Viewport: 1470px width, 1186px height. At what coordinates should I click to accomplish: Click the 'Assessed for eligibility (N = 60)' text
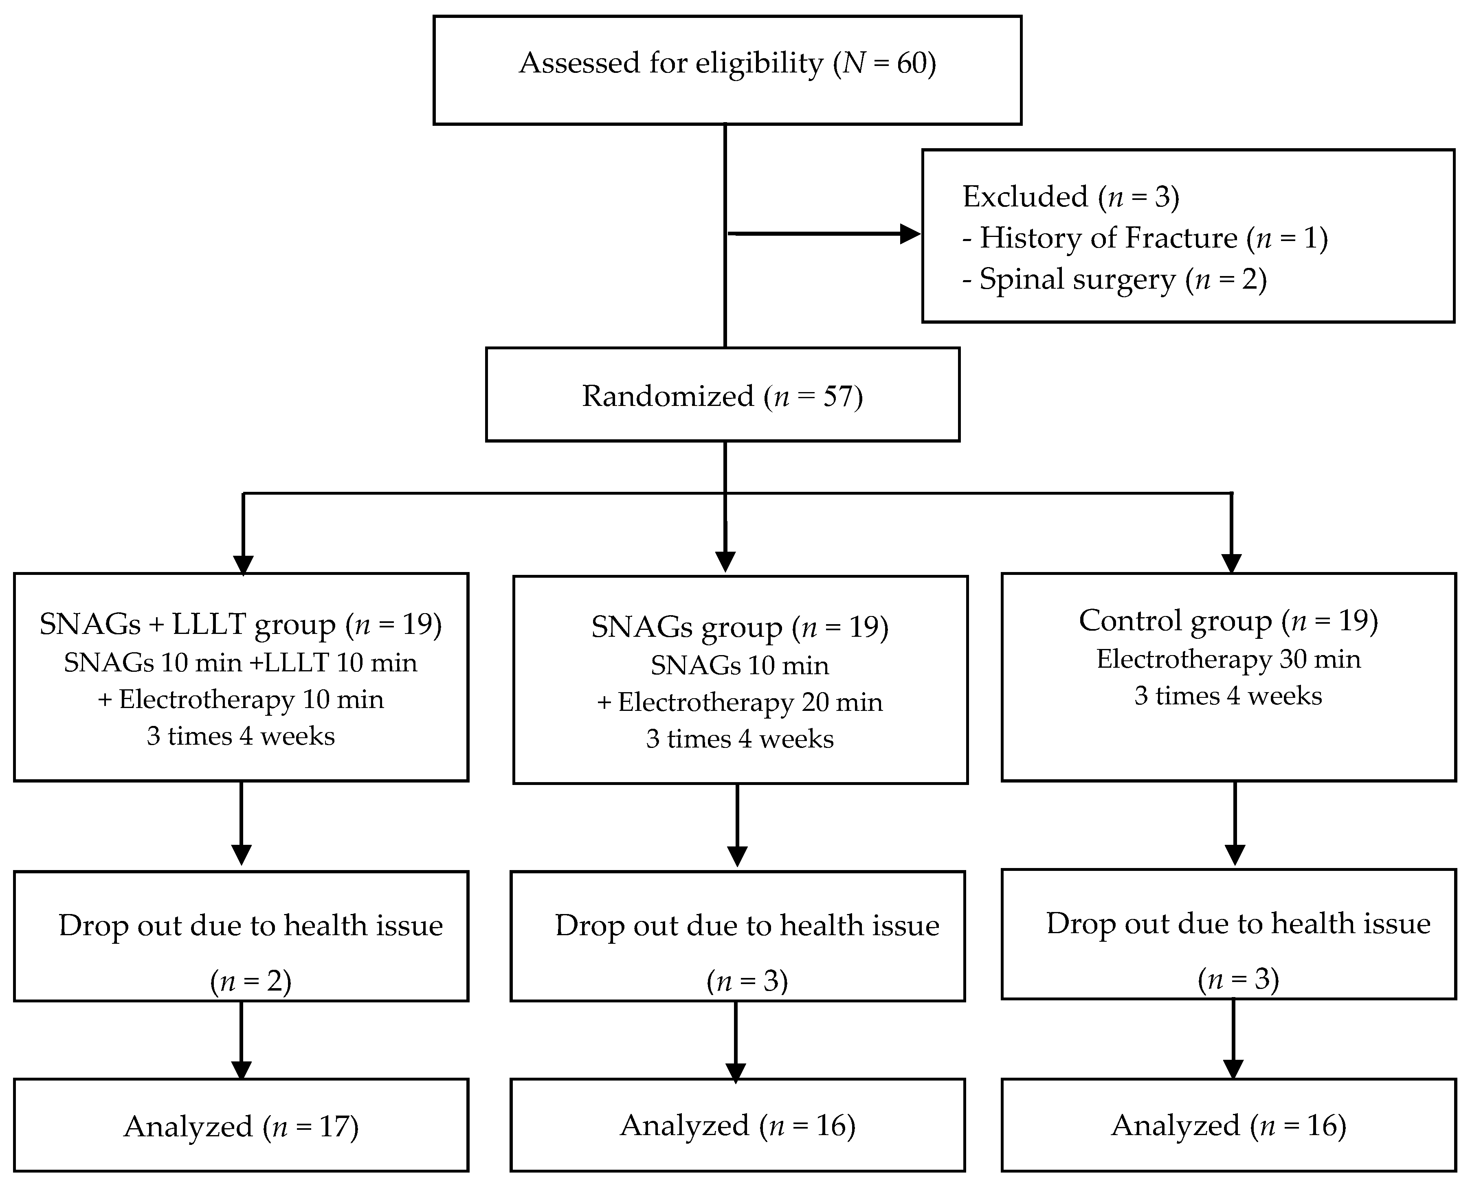pos(727,64)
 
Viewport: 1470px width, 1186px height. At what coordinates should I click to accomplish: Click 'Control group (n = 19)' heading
pos(1228,621)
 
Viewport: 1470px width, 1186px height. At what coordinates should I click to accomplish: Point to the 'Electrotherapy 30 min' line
pos(1228,659)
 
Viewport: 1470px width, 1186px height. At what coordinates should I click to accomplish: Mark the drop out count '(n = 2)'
pos(251,981)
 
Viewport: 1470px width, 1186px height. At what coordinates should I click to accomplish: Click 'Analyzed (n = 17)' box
pos(241,1127)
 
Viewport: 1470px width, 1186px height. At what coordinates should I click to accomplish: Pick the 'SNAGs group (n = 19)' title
pos(739,627)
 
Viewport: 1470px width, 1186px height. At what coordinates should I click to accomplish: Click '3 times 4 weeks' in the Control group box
pos(1228,696)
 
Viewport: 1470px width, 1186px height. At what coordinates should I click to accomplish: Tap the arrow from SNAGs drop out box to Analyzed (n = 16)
pos(736,1042)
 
